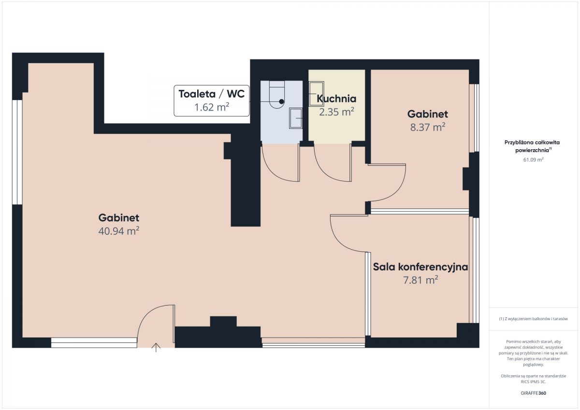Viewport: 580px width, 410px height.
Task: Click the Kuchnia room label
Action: (336, 99)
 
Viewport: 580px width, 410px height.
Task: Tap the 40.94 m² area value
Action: (119, 231)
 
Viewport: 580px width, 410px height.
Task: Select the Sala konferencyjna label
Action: (420, 267)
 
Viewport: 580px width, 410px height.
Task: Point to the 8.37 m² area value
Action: (428, 127)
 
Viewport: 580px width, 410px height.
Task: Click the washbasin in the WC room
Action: (296, 118)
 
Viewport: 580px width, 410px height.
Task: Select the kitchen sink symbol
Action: (316, 94)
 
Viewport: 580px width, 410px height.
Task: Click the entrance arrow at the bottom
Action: (156, 347)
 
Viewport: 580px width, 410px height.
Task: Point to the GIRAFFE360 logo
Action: (534, 393)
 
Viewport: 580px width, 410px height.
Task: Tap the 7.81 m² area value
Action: (420, 280)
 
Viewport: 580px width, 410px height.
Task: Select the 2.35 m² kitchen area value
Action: (336, 112)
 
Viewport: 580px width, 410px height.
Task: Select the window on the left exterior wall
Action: (17, 152)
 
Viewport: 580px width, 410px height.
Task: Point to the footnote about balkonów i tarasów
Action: (534, 319)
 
